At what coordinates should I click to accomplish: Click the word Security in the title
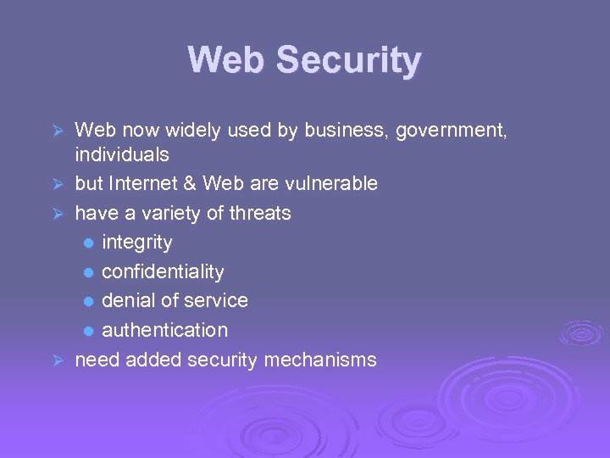[348, 61]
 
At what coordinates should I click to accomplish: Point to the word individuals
[122, 155]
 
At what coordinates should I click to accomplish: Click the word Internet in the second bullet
[141, 184]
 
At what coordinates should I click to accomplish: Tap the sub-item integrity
[136, 243]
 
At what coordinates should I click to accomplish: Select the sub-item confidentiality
[163, 272]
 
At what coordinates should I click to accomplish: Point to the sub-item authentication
[164, 330]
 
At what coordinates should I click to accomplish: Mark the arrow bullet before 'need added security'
[58, 360]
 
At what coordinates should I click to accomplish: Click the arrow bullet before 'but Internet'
[58, 184]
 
